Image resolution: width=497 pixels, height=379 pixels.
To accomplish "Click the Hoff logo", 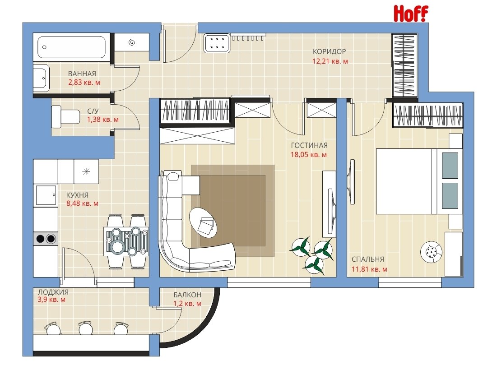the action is pyautogui.click(x=411, y=14).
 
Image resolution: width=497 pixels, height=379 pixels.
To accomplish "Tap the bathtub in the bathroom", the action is pyautogui.click(x=72, y=47).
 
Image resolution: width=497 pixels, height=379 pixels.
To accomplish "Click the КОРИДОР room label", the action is pyautogui.click(x=330, y=51).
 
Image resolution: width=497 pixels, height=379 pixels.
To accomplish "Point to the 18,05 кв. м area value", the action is pyautogui.click(x=309, y=155).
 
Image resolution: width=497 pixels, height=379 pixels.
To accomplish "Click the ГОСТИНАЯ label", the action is pyautogui.click(x=309, y=145).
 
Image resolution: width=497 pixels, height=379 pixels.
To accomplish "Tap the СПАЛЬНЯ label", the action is pyautogui.click(x=368, y=259).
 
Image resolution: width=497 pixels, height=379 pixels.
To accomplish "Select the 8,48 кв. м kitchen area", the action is pyautogui.click(x=83, y=203).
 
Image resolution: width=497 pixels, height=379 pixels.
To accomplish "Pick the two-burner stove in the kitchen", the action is pyautogui.click(x=46, y=238).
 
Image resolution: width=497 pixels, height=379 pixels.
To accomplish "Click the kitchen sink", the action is pyautogui.click(x=46, y=195).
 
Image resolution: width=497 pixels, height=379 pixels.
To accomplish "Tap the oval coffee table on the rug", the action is pyautogui.click(x=203, y=222).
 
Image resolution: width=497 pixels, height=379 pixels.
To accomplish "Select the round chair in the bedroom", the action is pyautogui.click(x=431, y=252).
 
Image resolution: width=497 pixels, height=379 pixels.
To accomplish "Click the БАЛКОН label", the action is pyautogui.click(x=187, y=295).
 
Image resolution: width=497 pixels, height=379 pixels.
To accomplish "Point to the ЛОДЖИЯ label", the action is pyautogui.click(x=53, y=292).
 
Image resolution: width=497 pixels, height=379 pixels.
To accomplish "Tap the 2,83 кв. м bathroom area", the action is pyautogui.click(x=84, y=83).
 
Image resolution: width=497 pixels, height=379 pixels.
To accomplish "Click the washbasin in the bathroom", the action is pyautogui.click(x=42, y=78).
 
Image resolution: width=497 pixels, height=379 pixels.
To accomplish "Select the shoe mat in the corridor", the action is pyautogui.click(x=217, y=43).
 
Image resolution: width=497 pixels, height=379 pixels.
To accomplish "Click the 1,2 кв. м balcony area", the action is pyautogui.click(x=187, y=304).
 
